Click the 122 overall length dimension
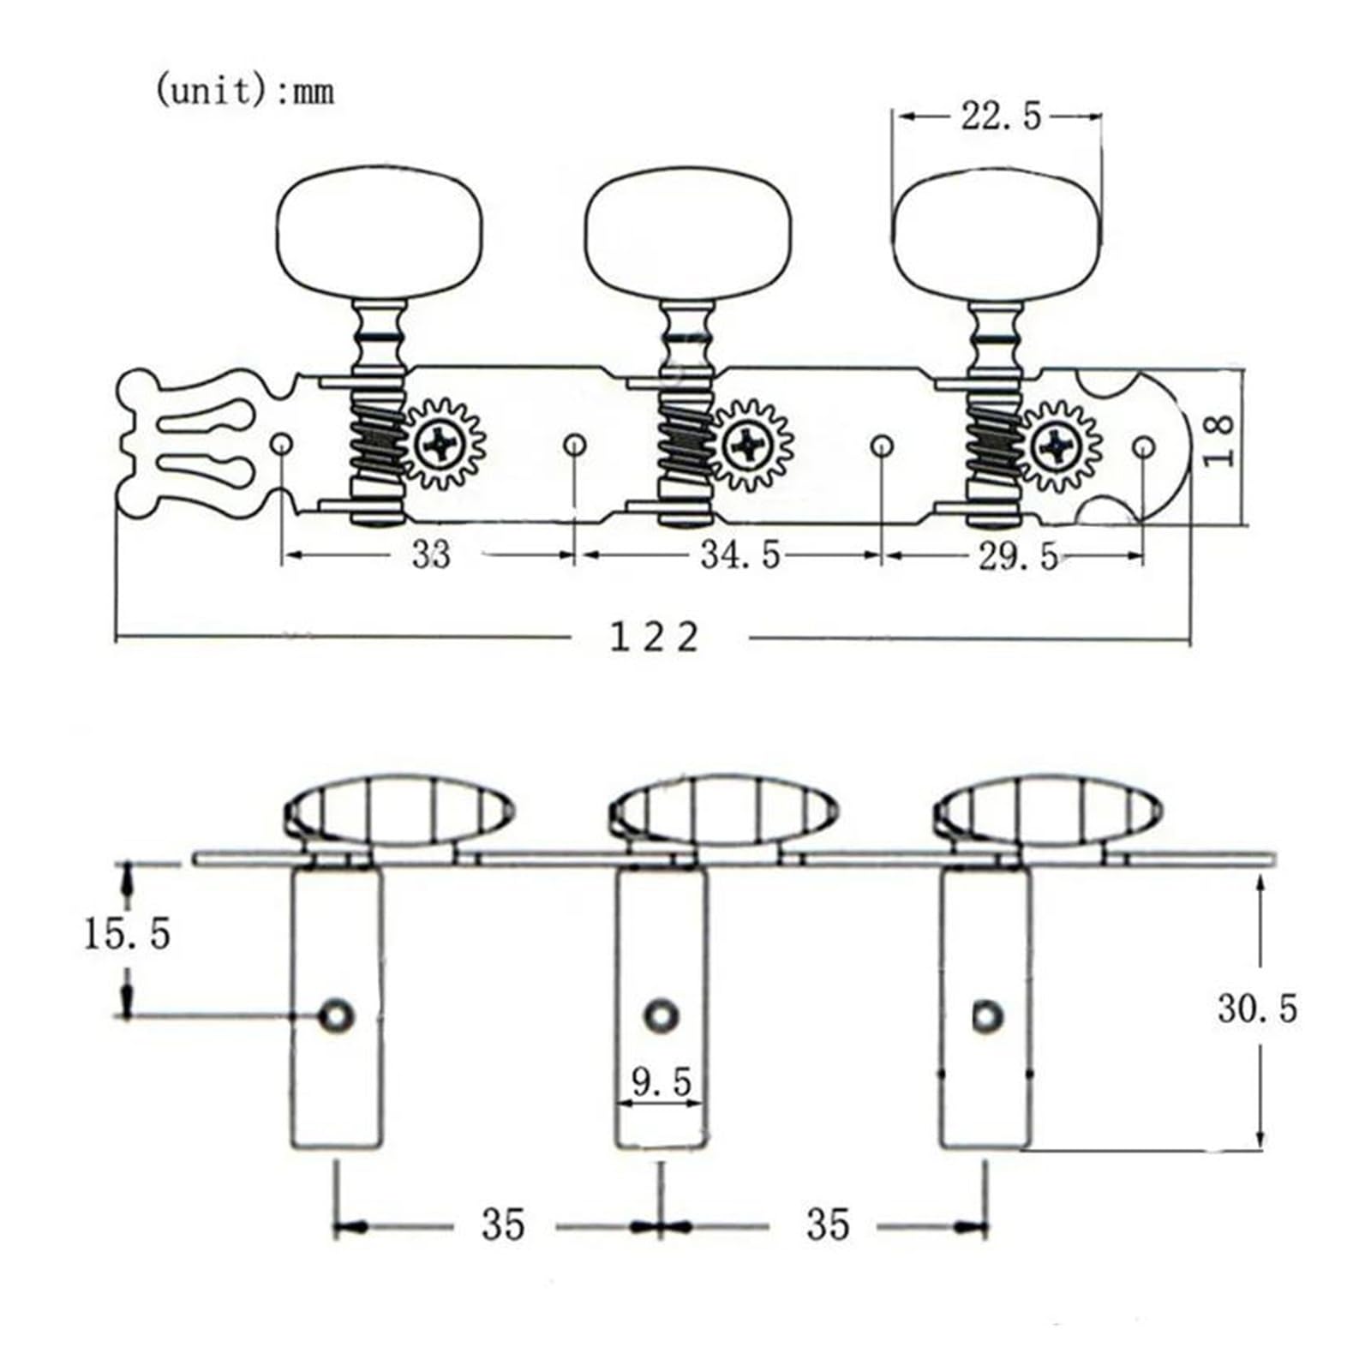click(654, 638)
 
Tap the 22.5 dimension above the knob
click(1000, 116)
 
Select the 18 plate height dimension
click(1220, 440)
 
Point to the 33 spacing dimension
click(430, 555)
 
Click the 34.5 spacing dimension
click(740, 555)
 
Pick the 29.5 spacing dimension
click(1018, 557)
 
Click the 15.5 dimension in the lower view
click(127, 933)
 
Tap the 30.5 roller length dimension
click(1257, 1009)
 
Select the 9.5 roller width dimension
click(662, 1082)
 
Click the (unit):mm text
click(244, 90)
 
